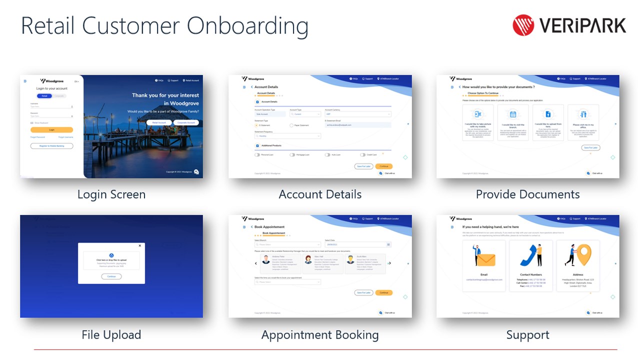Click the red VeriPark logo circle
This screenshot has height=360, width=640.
[523, 25]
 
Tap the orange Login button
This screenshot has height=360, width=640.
[51, 129]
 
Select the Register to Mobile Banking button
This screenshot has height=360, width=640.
[51, 146]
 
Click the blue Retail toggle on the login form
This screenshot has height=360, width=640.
[44, 95]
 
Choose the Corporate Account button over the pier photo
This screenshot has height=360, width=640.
[186, 122]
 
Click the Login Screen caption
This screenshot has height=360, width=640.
[111, 194]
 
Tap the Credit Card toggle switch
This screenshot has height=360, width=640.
[362, 155]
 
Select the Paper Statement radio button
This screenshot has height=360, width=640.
[292, 125]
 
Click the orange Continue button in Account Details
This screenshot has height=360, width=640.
[383, 166]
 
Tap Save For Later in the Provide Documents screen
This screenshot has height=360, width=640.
[590, 147]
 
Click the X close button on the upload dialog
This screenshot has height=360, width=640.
[139, 245]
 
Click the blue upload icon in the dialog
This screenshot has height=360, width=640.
[111, 255]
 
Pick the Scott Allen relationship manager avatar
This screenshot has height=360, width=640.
[350, 260]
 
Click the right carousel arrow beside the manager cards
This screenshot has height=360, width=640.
[389, 263]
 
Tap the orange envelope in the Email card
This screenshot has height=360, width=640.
[485, 259]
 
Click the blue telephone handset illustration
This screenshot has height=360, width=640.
[529, 255]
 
